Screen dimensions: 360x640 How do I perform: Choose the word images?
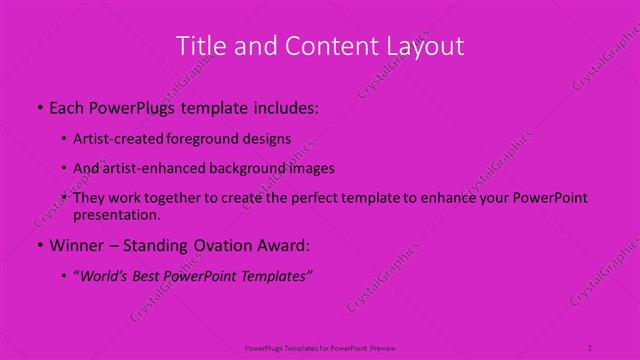point(310,168)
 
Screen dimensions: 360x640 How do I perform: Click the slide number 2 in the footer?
point(589,347)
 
